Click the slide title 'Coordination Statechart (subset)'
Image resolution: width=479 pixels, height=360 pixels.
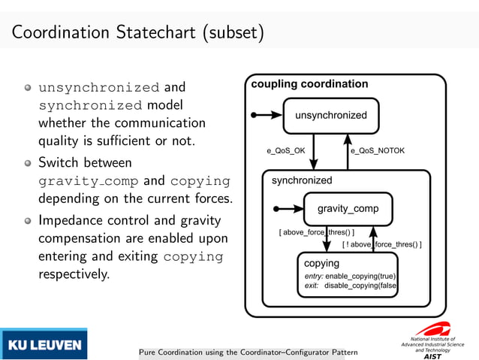coord(137,34)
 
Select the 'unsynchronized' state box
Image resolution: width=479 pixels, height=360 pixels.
coord(331,116)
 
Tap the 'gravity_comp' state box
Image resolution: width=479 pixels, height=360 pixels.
coord(348,208)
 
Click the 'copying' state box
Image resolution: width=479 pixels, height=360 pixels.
coord(347,275)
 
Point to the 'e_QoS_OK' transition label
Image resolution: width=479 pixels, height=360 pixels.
coord(286,151)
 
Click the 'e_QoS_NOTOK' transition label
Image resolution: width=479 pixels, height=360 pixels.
coord(378,151)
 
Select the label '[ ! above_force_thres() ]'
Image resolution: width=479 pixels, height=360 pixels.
coord(381,245)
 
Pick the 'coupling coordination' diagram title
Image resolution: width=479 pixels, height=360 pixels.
coord(309,84)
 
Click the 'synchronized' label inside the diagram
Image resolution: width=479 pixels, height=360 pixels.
coord(302,180)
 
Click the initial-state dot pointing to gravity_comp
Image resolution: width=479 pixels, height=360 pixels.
coord(276,208)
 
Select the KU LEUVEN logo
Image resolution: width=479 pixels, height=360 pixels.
coord(44,345)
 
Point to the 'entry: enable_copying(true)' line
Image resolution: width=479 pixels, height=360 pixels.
coord(350,276)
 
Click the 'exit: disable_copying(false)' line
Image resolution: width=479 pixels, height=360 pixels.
coord(350,286)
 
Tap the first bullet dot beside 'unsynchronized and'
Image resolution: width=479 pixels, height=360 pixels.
coord(28,87)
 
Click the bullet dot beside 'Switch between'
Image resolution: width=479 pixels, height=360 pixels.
coord(28,162)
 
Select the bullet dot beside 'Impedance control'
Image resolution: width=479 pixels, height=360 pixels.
coord(28,221)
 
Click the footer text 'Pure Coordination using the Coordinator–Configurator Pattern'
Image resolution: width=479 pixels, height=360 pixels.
coord(249,352)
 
